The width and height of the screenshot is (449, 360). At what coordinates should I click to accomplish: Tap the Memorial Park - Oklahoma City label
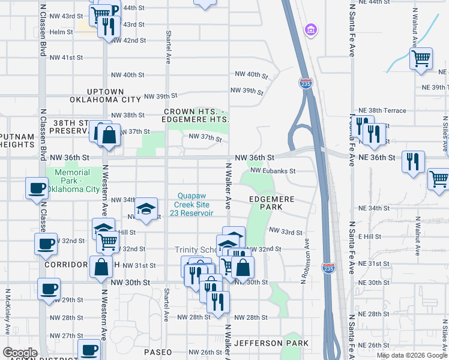[72, 181]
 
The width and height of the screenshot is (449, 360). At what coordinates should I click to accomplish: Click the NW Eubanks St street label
[273, 171]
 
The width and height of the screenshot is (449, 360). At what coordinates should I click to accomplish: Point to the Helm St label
[61, 32]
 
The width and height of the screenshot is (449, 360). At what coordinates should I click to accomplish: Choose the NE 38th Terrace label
[382, 110]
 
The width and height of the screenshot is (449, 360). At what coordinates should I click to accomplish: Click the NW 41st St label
[67, 58]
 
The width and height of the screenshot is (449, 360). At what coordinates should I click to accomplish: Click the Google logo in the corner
[20, 353]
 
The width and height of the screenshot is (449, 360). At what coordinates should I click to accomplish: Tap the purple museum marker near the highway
[310, 29]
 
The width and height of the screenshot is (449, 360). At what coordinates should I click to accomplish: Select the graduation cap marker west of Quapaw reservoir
[146, 208]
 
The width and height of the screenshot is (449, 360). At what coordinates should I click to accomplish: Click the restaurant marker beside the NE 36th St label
[413, 161]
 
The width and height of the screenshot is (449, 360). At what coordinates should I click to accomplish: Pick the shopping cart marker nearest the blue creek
[421, 59]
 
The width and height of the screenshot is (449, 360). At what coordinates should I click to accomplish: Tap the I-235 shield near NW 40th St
[306, 83]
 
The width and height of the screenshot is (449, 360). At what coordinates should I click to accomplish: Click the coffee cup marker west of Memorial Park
[37, 188]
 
